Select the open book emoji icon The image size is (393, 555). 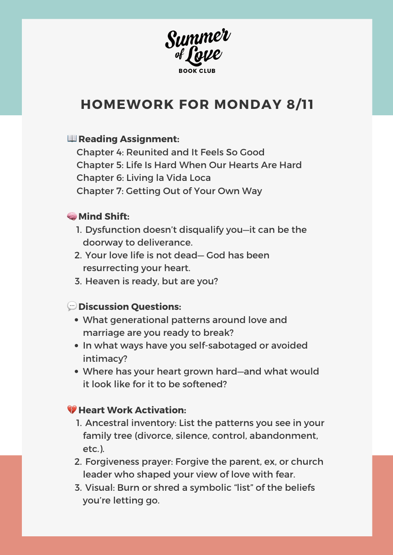pos(72,139)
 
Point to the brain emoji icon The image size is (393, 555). pos(72,216)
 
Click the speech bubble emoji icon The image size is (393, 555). pos(72,306)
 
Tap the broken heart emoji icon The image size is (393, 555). pos(72,410)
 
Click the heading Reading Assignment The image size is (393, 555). pos(129,139)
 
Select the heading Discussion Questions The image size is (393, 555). pos(130,307)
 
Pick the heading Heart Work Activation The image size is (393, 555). pos(132,410)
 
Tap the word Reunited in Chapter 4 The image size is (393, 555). pos(146,152)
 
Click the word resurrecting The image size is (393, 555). pos(112,268)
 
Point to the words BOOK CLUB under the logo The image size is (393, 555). pos(197,71)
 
